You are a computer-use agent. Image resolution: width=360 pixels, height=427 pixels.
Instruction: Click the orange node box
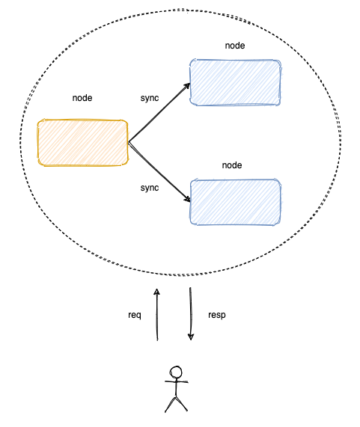(82, 142)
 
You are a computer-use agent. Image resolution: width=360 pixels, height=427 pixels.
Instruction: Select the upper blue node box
(235, 82)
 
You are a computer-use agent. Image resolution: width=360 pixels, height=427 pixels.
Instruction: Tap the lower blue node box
(236, 202)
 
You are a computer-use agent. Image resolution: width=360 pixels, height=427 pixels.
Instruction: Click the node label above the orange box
(82, 98)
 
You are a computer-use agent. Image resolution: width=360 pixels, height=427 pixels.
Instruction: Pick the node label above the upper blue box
(235, 46)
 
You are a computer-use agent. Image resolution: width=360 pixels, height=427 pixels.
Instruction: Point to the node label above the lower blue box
(232, 165)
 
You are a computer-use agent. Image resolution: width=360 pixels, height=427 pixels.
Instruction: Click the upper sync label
(150, 98)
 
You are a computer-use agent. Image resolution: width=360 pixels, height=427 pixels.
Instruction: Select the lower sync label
(150, 188)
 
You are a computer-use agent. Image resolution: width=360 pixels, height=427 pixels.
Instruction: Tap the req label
(135, 316)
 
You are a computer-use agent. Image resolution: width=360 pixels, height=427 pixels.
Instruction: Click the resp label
(217, 315)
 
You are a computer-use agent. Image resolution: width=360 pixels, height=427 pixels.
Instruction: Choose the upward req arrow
(157, 315)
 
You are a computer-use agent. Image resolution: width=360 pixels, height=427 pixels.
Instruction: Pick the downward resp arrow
(191, 314)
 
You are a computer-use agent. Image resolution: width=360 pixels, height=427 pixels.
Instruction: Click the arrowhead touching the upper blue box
(187, 86)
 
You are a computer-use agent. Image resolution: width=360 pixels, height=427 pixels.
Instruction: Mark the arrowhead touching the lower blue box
(188, 199)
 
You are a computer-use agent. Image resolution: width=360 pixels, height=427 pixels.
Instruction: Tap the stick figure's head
(176, 372)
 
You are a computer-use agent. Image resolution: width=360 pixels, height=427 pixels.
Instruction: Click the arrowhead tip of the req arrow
(156, 289)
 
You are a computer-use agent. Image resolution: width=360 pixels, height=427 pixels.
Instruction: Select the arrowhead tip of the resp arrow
(191, 340)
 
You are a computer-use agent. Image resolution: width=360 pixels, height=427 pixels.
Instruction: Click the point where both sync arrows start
(128, 142)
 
